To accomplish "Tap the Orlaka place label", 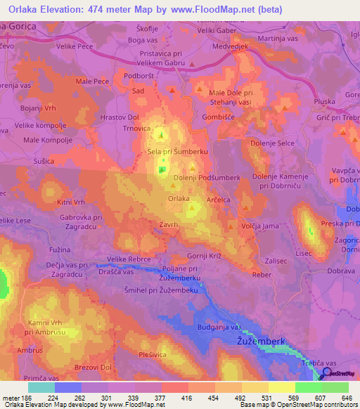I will pos(179,199).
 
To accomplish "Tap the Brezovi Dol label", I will pos(92,367).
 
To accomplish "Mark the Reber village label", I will pos(262,275).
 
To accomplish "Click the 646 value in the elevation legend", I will pos(345,398).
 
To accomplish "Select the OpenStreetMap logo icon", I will pos(327,375).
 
